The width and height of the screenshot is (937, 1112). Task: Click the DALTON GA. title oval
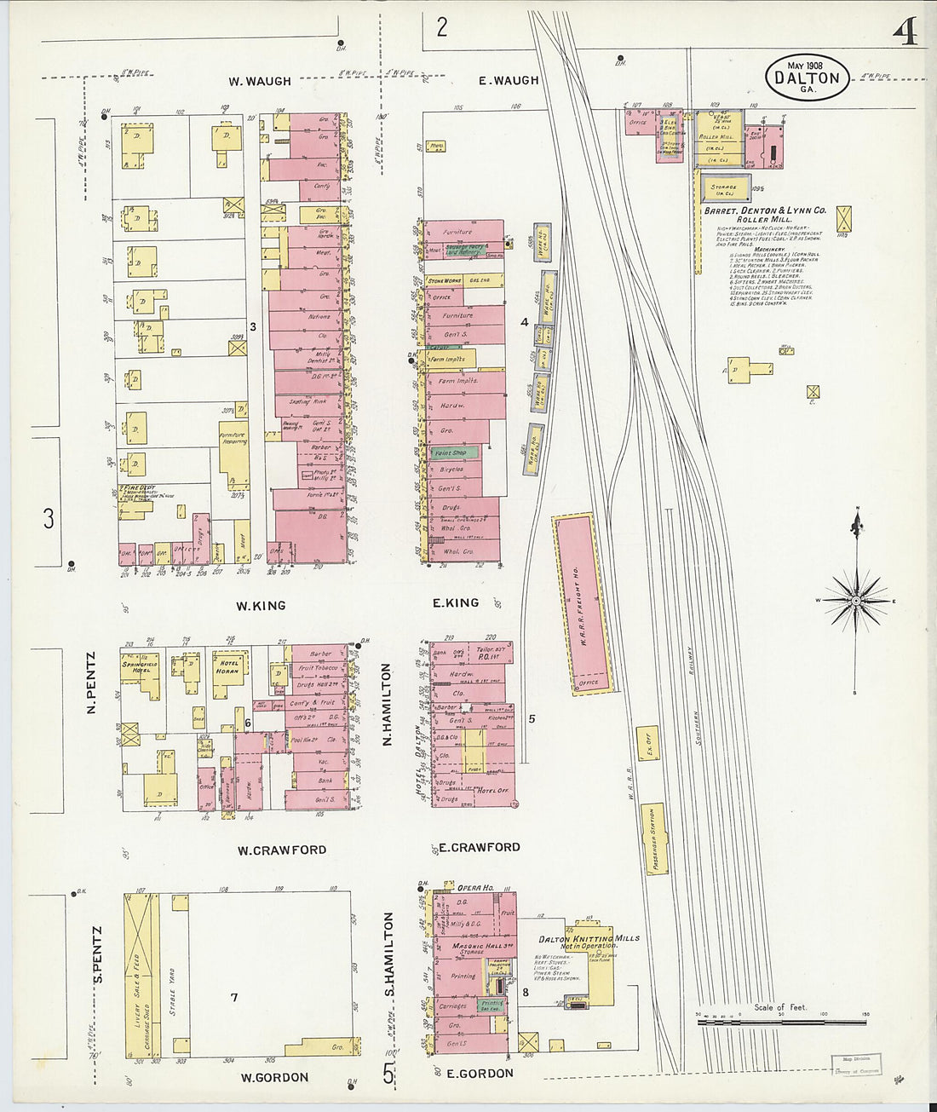(807, 78)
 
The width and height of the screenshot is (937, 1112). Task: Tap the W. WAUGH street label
(259, 82)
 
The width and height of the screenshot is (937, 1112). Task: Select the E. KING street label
(456, 603)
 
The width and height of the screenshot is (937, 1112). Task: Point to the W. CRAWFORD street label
(281, 850)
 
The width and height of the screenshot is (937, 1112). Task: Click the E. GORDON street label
(480, 1074)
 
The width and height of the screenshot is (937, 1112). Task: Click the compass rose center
(856, 601)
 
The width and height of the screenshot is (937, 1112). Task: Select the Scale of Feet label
(779, 1007)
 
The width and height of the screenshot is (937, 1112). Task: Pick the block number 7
(234, 997)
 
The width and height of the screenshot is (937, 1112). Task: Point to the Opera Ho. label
(476, 888)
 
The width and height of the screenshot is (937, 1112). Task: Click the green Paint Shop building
(449, 453)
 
